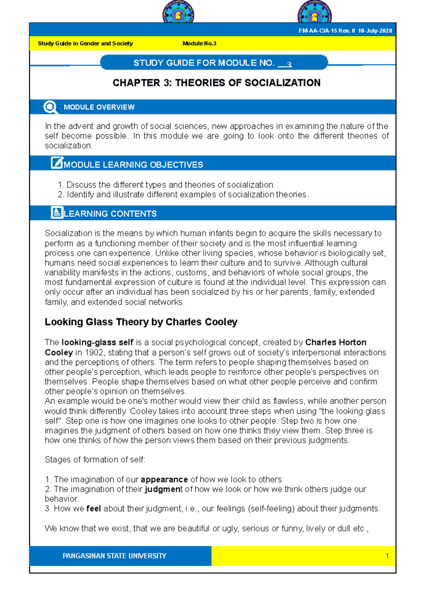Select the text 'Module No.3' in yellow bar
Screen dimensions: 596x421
[199, 44]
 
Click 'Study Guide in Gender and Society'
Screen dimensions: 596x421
[85, 44]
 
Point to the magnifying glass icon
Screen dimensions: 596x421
[51, 107]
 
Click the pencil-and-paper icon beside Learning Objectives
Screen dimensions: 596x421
[57, 163]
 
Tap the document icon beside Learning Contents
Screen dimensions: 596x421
[57, 212]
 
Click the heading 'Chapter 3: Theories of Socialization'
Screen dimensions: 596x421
[216, 83]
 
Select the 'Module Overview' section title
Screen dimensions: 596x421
[99, 107]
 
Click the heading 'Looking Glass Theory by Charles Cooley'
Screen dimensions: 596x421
[141, 322]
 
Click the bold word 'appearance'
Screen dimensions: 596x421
[164, 479]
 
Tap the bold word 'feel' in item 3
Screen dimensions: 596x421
[94, 509]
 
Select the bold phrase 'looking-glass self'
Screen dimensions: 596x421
[97, 343]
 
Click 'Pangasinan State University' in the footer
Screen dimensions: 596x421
[114, 556]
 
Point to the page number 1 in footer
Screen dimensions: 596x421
[387, 556]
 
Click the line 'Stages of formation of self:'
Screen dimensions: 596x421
[95, 460]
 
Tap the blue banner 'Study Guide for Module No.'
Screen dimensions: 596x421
[214, 63]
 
